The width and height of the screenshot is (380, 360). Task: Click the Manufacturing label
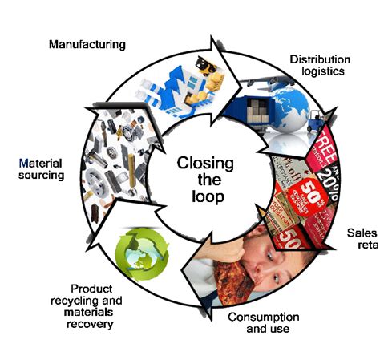tap(86, 44)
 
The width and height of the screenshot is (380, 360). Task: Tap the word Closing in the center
tap(205, 164)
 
